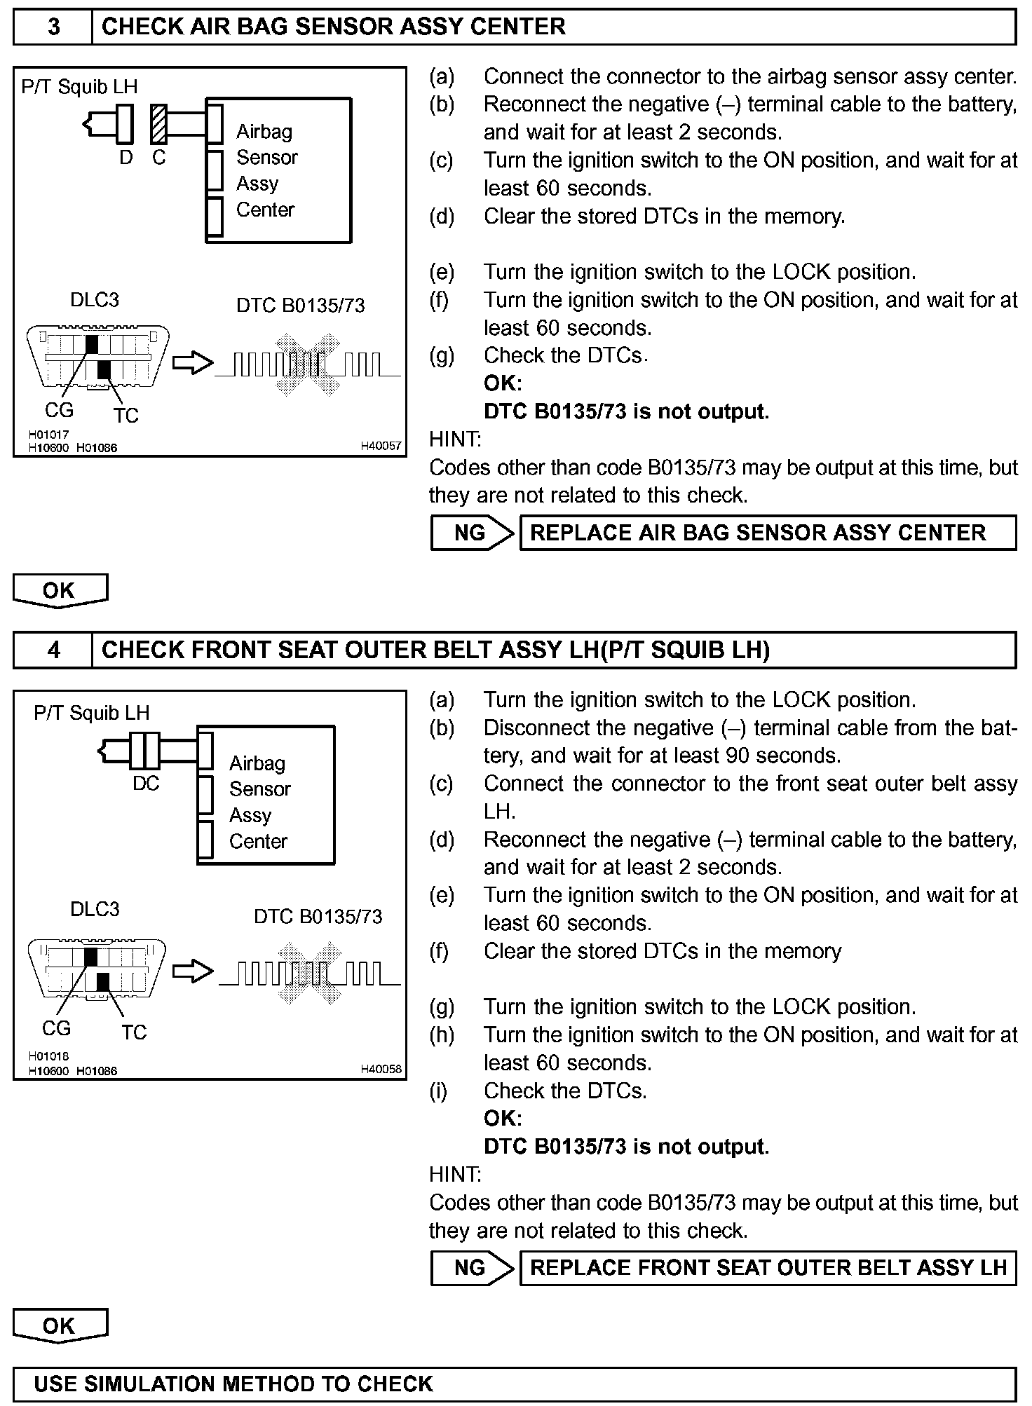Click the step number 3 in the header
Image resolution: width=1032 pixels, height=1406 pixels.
(x=53, y=27)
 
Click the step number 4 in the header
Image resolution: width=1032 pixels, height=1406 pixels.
(x=53, y=650)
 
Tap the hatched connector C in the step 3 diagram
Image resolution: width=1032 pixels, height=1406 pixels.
(x=159, y=123)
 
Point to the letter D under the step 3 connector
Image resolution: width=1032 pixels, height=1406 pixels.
(x=126, y=158)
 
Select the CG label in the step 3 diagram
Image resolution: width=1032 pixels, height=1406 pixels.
(x=59, y=410)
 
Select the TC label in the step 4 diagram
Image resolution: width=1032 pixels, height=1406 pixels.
(x=134, y=1032)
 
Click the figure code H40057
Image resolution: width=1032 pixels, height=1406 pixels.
(x=381, y=446)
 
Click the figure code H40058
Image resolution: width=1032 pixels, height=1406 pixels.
(x=381, y=1069)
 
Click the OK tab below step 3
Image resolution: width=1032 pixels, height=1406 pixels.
(x=60, y=590)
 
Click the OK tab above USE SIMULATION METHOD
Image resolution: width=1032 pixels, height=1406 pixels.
(x=60, y=1325)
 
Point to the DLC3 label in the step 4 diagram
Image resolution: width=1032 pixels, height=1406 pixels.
(x=95, y=909)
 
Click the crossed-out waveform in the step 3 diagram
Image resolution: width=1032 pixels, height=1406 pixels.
(x=308, y=365)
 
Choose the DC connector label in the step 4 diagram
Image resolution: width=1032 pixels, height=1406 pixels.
(x=146, y=784)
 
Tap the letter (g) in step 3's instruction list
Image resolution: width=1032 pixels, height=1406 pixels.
(x=442, y=356)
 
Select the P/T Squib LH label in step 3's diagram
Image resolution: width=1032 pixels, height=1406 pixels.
(x=79, y=87)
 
